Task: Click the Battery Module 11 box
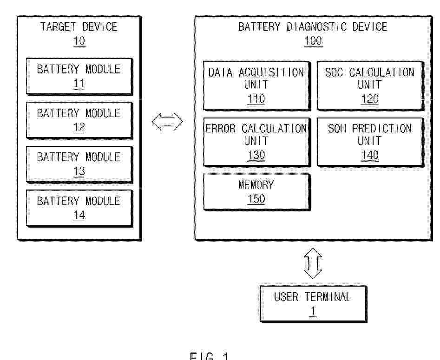79,76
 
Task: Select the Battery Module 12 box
79,120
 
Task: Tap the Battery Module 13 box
79,164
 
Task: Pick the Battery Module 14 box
79,208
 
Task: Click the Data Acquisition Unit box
257,85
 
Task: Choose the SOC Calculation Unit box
370,85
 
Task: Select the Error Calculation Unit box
257,142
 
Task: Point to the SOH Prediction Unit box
370,142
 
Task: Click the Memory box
257,192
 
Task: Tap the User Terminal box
314,304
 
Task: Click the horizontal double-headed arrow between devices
168,122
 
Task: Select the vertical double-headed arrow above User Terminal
313,263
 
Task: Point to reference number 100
313,41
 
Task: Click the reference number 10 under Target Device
79,41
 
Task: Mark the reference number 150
256,199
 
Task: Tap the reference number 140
369,155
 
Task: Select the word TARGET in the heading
58,27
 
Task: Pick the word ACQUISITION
271,72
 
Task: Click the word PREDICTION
382,129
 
